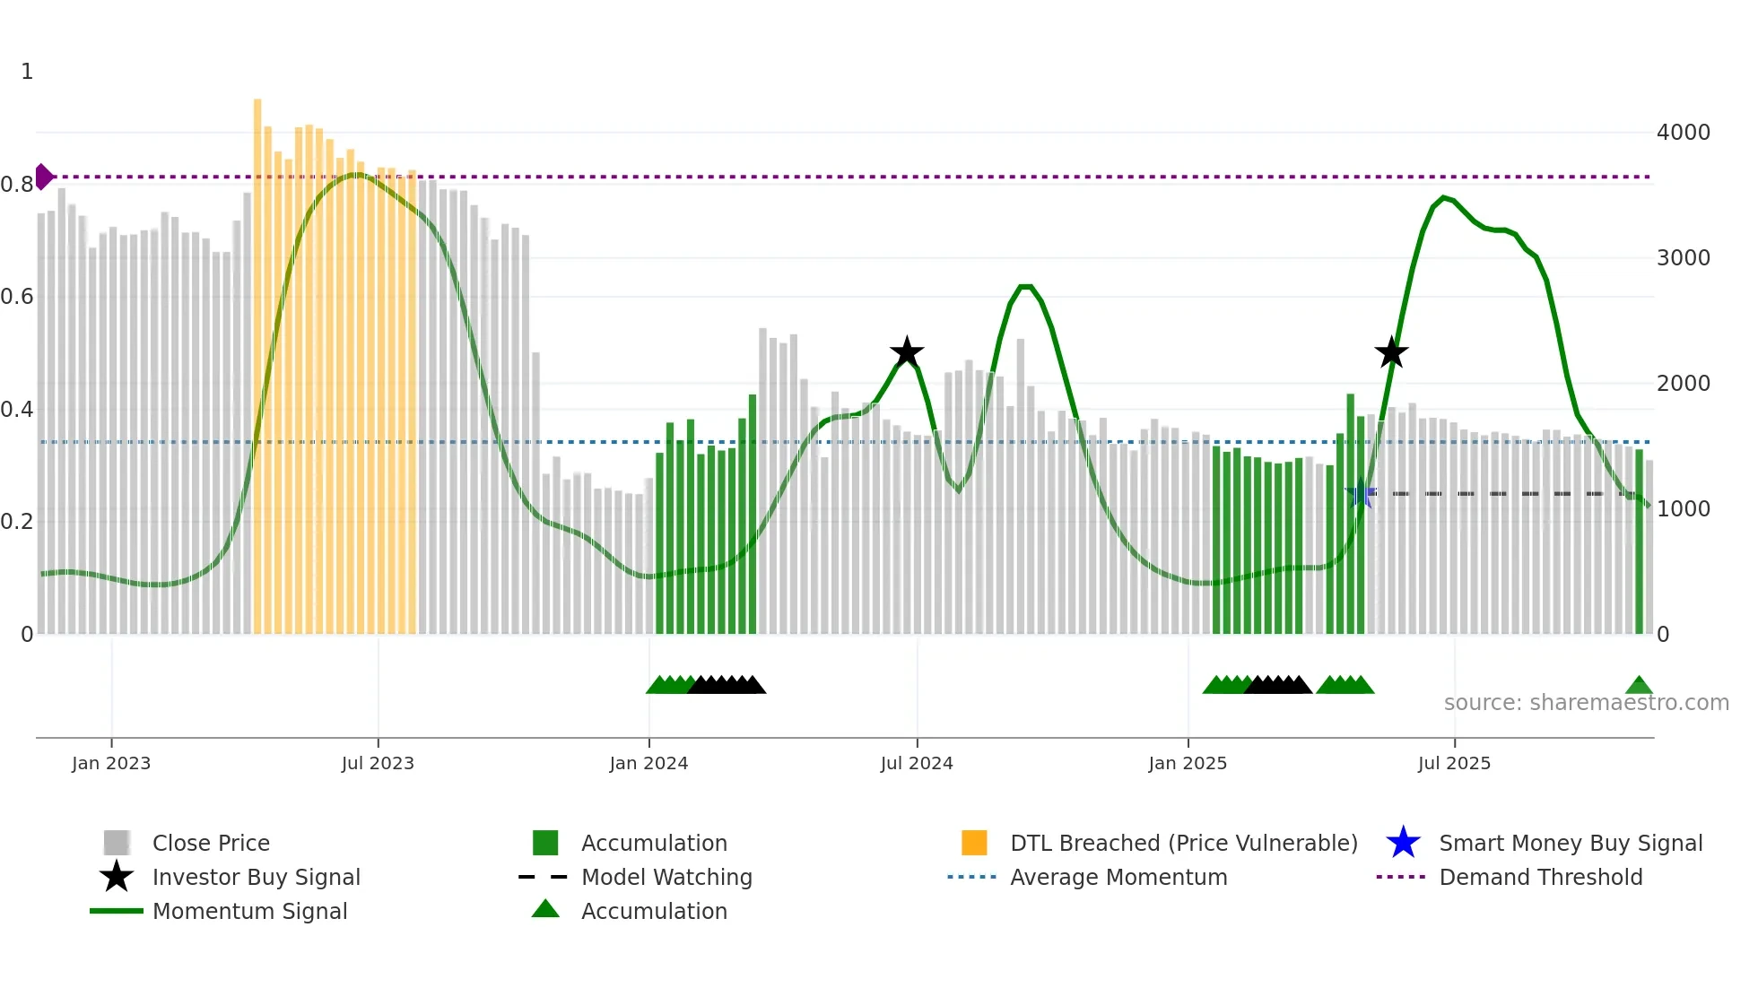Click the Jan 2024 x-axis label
click(648, 763)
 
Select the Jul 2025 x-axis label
click(1454, 763)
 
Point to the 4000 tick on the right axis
click(1683, 133)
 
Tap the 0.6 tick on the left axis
click(18, 297)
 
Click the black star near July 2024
click(907, 352)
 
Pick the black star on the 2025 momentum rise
click(1391, 352)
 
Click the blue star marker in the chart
click(1361, 493)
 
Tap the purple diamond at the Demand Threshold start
click(43, 177)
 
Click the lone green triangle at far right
click(1639, 686)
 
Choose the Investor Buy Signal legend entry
click(256, 877)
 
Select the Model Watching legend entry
click(666, 877)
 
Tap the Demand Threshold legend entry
click(1540, 877)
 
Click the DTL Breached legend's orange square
click(974, 843)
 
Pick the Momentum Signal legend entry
click(249, 911)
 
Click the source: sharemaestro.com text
click(1586, 703)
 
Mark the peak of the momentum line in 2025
click(1443, 197)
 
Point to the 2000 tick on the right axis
click(1683, 384)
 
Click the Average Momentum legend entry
click(1118, 877)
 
